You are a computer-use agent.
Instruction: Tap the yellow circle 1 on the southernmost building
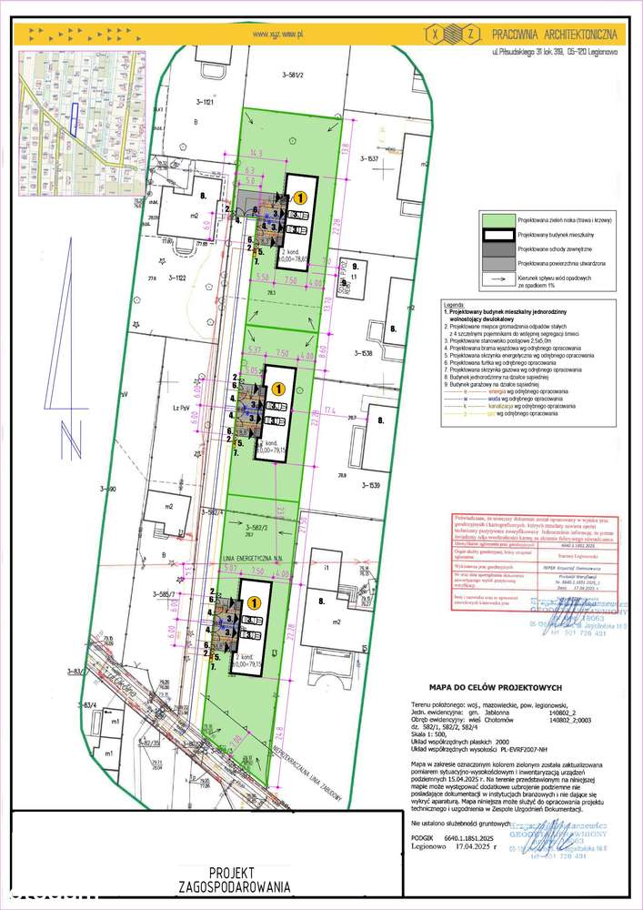click(255, 602)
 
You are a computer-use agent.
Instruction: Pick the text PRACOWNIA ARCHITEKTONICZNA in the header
click(555, 34)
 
